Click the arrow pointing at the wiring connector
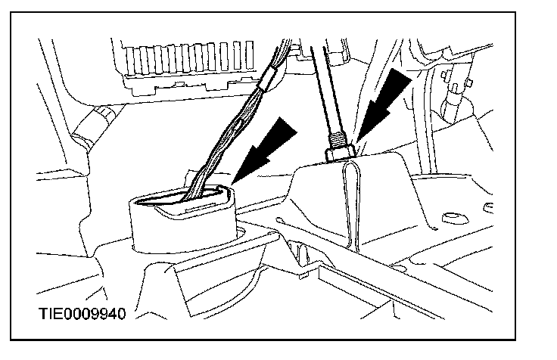269,147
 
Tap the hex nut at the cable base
341,154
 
